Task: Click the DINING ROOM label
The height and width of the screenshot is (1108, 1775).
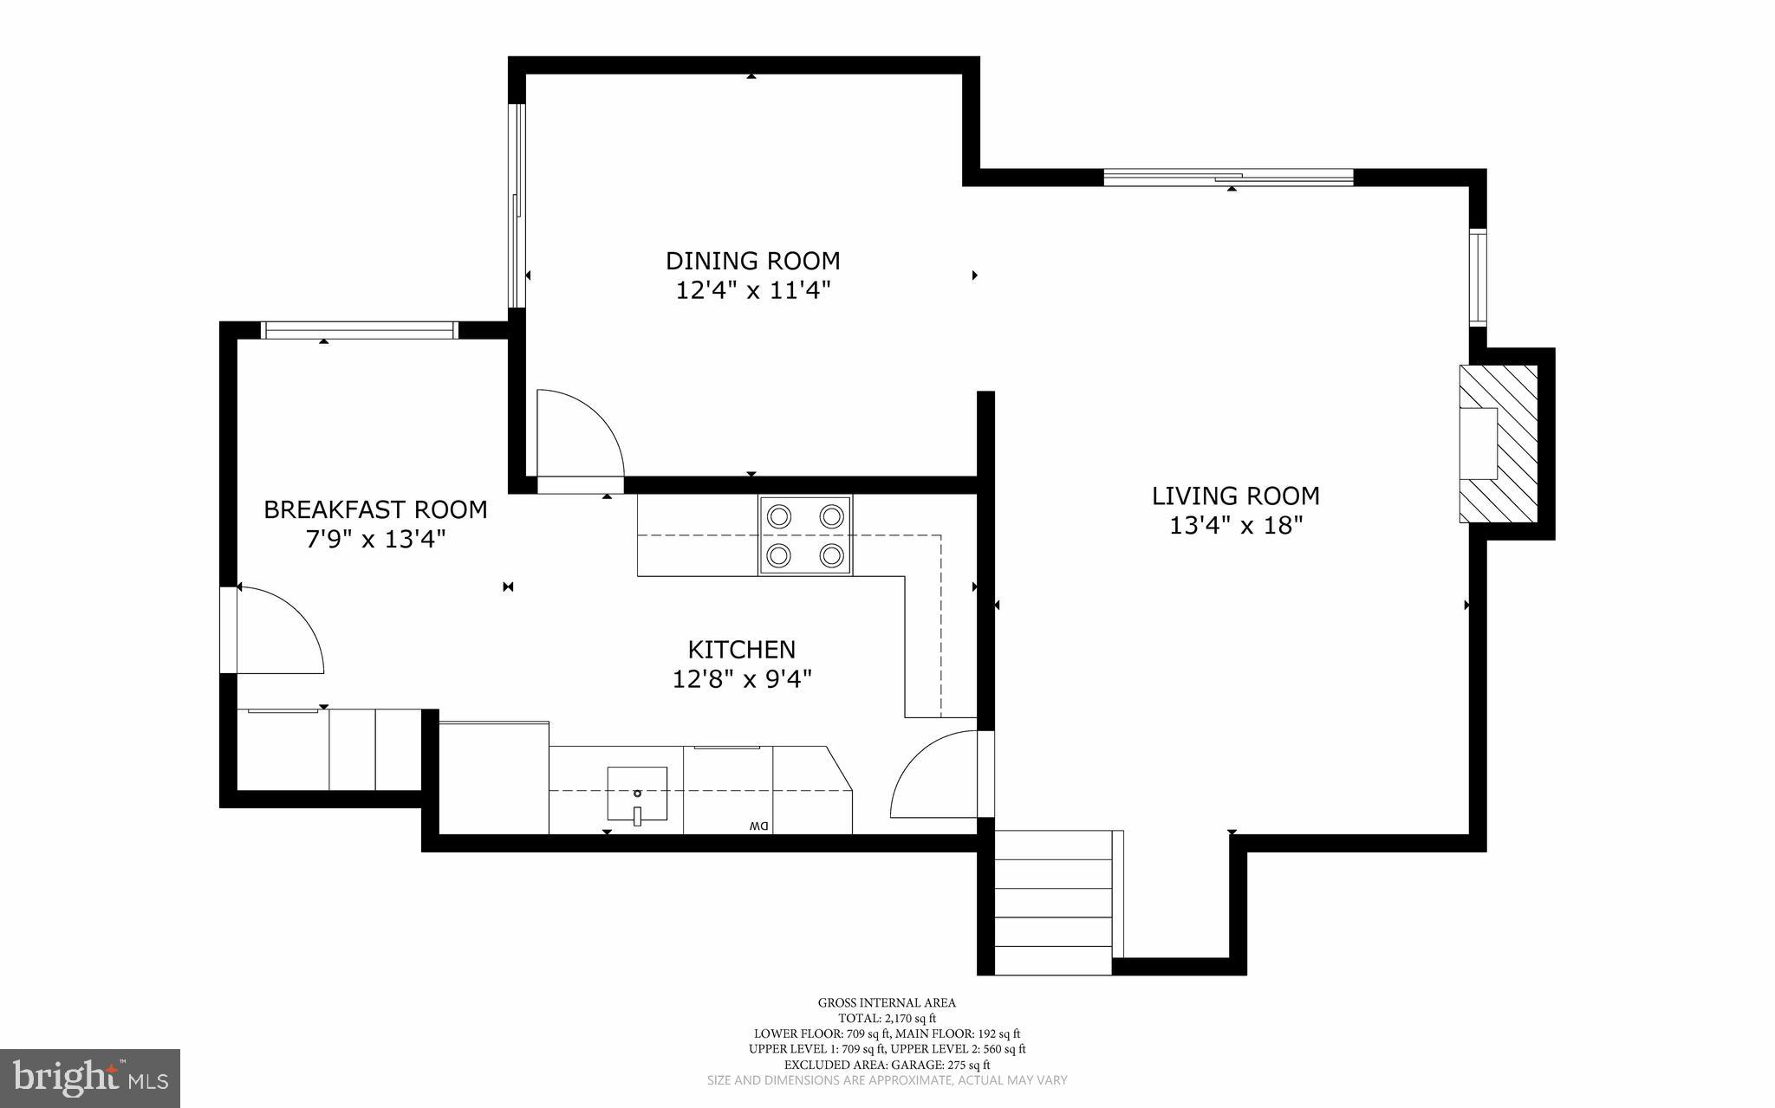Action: (x=752, y=261)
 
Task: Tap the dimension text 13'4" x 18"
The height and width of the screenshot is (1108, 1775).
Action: (x=1236, y=526)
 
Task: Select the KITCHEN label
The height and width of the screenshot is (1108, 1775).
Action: (x=741, y=650)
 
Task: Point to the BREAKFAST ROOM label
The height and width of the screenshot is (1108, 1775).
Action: (x=375, y=509)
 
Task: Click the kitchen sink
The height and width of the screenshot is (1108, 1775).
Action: (x=637, y=794)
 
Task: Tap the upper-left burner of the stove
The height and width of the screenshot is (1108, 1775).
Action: (x=779, y=517)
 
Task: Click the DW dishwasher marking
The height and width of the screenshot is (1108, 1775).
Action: (x=758, y=826)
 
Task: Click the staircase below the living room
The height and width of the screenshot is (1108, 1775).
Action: (x=1053, y=902)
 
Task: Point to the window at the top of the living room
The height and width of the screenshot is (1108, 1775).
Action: (x=1228, y=178)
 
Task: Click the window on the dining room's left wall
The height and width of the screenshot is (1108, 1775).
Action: (x=517, y=206)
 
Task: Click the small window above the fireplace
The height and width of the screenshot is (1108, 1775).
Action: (x=1478, y=277)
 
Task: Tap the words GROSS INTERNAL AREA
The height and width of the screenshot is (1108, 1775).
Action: (x=887, y=1003)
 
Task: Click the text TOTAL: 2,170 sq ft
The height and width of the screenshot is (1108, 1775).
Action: (x=887, y=1019)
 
